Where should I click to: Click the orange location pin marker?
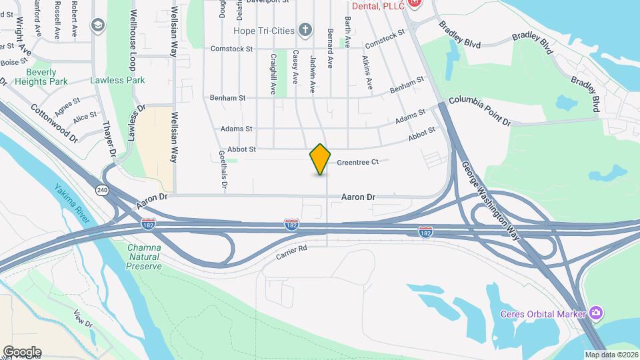321,159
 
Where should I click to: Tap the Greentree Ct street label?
357,162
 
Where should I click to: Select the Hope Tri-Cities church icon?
305,29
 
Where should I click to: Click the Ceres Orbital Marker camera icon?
596,313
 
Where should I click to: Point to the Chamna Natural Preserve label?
144,257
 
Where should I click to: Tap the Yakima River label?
73,203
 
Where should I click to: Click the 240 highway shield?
101,189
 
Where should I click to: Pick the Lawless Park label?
117,81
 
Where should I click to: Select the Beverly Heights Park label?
47,77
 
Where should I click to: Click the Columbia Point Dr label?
479,111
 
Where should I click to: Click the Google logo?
22,352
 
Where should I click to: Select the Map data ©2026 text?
611,355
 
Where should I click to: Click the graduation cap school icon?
99,25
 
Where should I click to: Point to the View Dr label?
83,319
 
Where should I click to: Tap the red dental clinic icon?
415,3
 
